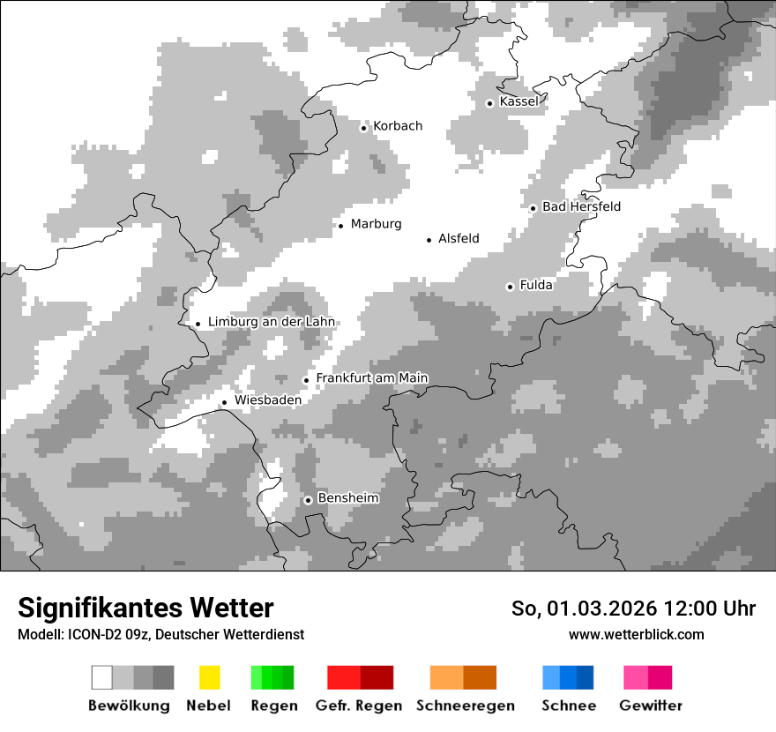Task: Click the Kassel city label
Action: (519, 101)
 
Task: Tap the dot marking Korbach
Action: (363, 128)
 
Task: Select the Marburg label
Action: (376, 224)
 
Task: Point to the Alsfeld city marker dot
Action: (429, 240)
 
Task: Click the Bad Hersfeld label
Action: (581, 206)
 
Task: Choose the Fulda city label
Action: (536, 285)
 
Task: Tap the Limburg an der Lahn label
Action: (271, 322)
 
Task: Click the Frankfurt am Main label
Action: (371, 378)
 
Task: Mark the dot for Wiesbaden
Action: (224, 402)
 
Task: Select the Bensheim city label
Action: (347, 498)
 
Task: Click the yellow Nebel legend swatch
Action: (209, 677)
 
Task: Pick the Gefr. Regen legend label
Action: (358, 706)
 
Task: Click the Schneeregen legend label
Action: (465, 706)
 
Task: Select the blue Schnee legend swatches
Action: (568, 677)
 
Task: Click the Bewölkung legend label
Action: (129, 706)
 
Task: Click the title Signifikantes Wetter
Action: (145, 609)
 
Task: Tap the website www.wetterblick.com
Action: (636, 634)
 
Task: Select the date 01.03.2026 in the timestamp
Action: (590, 609)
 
